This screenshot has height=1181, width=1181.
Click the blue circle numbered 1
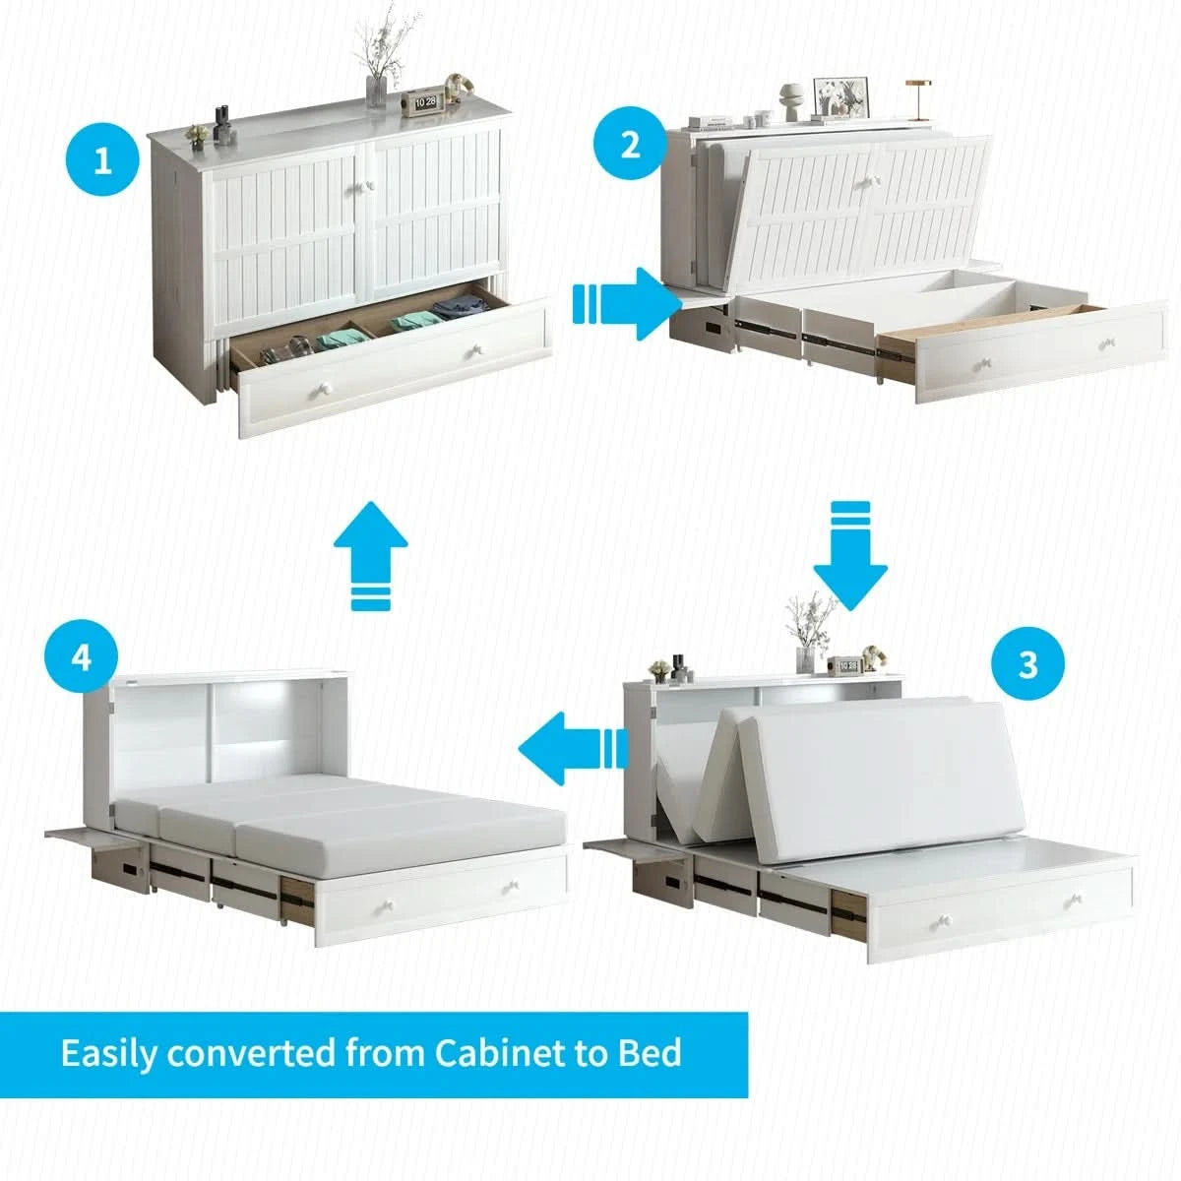[103, 160]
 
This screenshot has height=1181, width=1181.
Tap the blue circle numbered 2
[630, 145]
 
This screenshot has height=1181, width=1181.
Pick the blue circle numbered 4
[82, 656]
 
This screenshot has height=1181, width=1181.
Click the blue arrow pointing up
[370, 554]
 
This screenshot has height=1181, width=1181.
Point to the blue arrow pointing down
[850, 554]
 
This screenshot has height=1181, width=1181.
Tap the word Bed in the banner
[650, 1052]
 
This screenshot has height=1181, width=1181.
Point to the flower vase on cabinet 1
[376, 89]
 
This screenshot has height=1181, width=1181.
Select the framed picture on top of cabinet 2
[843, 95]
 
